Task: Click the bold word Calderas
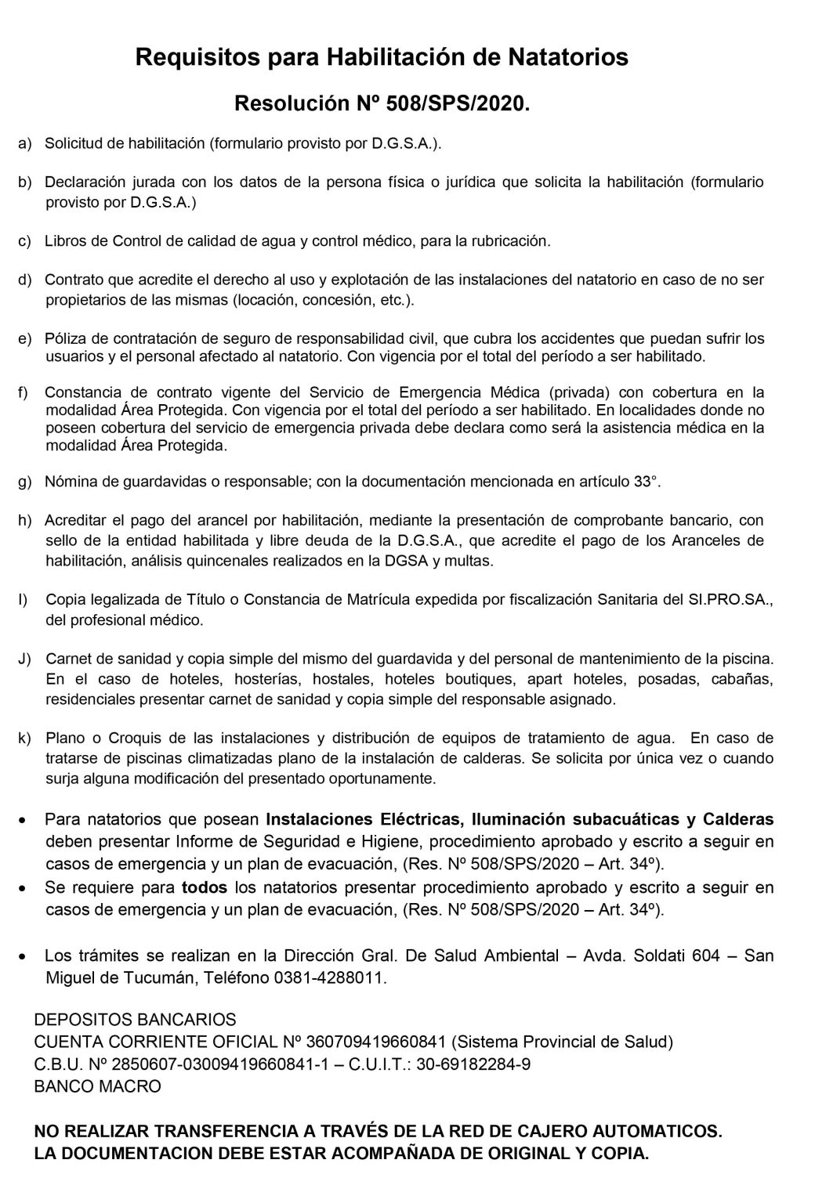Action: pyautogui.click(x=737, y=820)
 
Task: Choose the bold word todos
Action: pyautogui.click(x=204, y=888)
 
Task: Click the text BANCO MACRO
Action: pyautogui.click(x=98, y=1086)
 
